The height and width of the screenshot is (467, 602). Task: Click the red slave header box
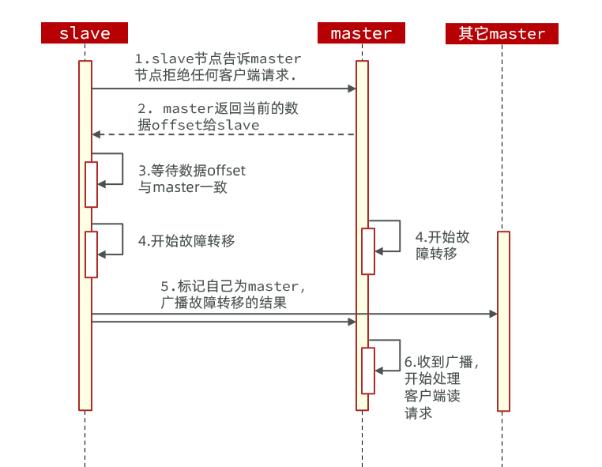tap(85, 33)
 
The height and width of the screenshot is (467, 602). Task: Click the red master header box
tap(361, 33)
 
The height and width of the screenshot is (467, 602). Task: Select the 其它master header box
tap(502, 33)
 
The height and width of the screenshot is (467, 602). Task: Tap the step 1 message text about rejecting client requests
tap(217, 67)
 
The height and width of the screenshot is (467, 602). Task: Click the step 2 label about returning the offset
tap(217, 116)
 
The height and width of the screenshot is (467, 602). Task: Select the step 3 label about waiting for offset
tap(192, 179)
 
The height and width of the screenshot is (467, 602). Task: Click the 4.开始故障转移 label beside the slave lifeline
tap(186, 241)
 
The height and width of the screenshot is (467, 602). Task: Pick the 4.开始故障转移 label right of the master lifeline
tap(442, 245)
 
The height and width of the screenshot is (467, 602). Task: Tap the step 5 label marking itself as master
tap(233, 293)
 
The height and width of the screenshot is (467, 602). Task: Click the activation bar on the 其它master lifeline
tap(503, 321)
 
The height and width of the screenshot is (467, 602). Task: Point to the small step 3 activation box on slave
tap(92, 184)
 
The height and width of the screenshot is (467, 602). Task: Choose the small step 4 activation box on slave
tap(92, 254)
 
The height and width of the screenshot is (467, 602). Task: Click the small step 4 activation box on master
tap(368, 251)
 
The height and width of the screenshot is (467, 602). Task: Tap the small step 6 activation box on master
tap(368, 370)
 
